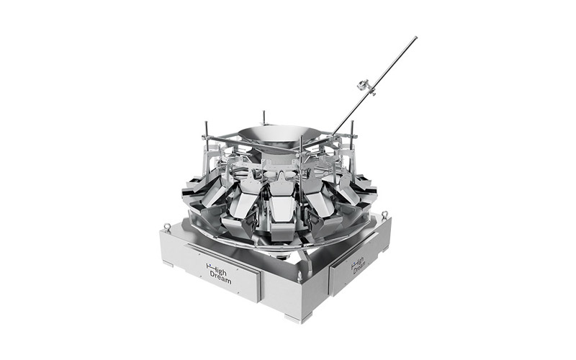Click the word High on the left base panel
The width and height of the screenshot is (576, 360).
pos(219,268)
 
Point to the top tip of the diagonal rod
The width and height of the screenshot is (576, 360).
pos(415,37)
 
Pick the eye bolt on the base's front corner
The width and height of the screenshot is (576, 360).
pos(300,275)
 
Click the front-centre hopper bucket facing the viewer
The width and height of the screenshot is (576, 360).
pos(281,209)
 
